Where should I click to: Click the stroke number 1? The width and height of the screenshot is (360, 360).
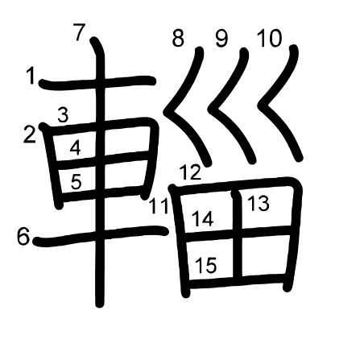tap(31, 76)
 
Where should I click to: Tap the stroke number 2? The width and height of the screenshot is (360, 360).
tap(30, 134)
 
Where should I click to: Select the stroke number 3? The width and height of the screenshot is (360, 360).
tap(63, 115)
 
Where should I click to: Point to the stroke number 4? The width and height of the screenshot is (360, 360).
tap(75, 147)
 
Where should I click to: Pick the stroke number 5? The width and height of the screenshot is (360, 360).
tap(76, 181)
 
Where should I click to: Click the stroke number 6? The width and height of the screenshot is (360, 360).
tap(23, 236)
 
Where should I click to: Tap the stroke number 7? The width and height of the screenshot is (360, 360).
tap(80, 32)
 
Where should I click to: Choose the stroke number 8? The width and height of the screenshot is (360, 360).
tap(178, 38)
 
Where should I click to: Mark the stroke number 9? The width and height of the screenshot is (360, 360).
tap(221, 39)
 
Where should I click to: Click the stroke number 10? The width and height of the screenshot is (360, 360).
tap(269, 39)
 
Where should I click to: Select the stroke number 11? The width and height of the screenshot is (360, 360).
tap(159, 206)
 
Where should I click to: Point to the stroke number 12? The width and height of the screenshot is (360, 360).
tap(190, 172)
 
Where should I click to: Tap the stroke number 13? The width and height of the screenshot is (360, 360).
tap(258, 203)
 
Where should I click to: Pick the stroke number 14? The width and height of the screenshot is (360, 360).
tap(203, 219)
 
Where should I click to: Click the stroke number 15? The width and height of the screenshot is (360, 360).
tap(206, 265)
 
